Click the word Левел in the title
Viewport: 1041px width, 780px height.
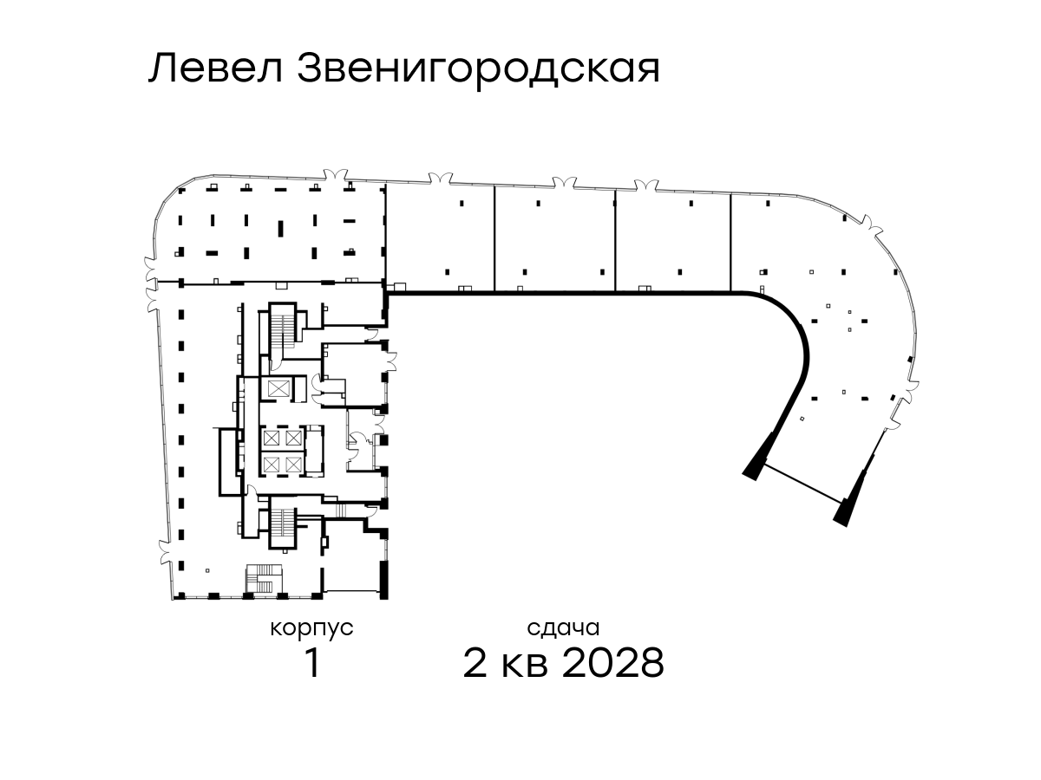216,68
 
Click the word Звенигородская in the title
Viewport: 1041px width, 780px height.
479,71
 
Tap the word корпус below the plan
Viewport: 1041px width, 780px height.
311,629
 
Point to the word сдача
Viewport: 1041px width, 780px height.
563,629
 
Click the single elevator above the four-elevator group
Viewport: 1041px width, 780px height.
278,389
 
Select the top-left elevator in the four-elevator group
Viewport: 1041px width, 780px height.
270,438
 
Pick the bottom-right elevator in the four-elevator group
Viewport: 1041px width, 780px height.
293,465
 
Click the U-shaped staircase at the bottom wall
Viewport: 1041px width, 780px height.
264,579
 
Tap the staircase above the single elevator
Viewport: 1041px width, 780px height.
283,335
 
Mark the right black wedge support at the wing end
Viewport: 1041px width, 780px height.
853,504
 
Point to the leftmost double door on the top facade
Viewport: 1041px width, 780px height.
336,175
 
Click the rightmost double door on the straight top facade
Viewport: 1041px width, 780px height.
646,185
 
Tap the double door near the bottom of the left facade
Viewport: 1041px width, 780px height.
165,552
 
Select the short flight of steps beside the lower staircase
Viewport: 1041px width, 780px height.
342,511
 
